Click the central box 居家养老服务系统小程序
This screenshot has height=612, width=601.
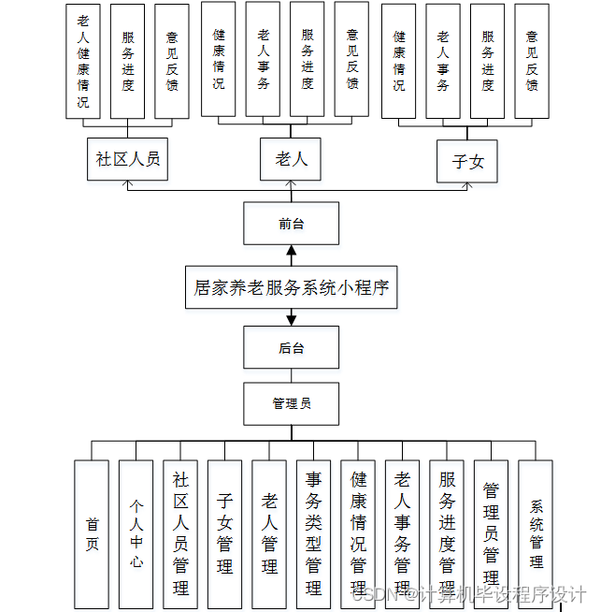[x=291, y=287]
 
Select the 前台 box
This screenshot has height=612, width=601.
[x=291, y=224]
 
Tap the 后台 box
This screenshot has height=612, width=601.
[x=291, y=348]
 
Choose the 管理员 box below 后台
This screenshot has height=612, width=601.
[x=291, y=403]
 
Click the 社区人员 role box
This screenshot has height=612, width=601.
[x=128, y=158]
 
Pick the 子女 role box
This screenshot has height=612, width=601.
[x=468, y=161]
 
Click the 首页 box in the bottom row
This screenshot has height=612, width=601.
[x=92, y=533]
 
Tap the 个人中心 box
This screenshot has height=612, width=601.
[x=136, y=533]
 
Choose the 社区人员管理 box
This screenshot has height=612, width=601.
[x=180, y=533]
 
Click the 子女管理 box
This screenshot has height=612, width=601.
[x=225, y=533]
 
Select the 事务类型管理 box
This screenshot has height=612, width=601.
[x=313, y=533]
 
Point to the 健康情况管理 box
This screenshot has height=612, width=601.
[x=358, y=533]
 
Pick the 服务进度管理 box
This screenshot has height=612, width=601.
[x=447, y=533]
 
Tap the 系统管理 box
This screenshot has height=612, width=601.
[x=536, y=533]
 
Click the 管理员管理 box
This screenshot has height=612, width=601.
[x=491, y=533]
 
